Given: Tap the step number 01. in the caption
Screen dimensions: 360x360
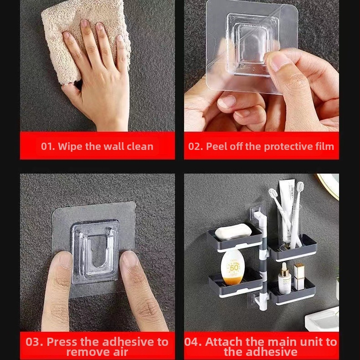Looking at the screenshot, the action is [x=48, y=146].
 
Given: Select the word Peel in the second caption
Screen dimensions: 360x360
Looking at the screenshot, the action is [x=216, y=146].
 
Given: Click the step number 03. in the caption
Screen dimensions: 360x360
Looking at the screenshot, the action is [x=34, y=342].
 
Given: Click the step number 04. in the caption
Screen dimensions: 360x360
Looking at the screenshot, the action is [x=193, y=342].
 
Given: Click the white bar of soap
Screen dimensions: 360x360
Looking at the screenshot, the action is [x=233, y=232].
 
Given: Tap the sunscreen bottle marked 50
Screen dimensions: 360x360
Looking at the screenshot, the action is [x=232, y=267].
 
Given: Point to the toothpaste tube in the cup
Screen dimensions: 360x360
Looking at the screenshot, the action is [x=287, y=206].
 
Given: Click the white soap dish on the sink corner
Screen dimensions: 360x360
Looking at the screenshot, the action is [x=322, y=319].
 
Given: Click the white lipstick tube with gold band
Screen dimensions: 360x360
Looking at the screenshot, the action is [x=299, y=277].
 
